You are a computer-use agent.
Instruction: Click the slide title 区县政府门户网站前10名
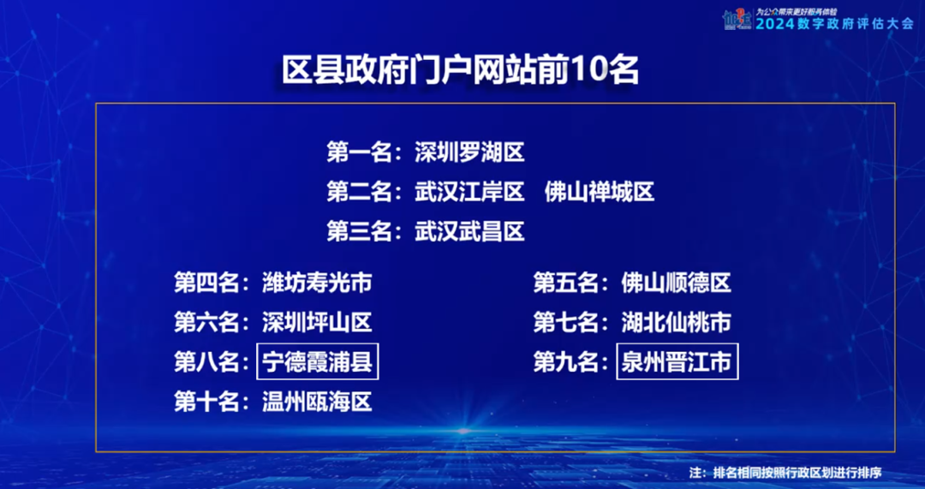click(x=461, y=71)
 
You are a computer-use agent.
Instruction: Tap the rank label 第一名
click(x=359, y=153)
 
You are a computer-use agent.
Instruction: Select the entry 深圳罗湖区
click(x=469, y=153)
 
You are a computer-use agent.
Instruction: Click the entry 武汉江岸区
click(x=469, y=193)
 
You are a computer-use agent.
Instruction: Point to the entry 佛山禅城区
click(x=600, y=193)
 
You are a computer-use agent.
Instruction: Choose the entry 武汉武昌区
click(x=469, y=231)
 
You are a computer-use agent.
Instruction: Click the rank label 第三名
click(x=359, y=231)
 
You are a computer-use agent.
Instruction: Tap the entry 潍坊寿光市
click(x=318, y=283)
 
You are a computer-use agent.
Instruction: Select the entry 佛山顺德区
click(x=676, y=283)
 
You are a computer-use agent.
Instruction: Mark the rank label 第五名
click(x=566, y=283)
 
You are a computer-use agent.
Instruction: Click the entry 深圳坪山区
click(x=318, y=323)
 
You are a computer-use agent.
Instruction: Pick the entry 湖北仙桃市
click(x=676, y=323)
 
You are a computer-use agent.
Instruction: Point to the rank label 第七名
click(x=566, y=323)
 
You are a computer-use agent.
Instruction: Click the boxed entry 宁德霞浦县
click(x=318, y=361)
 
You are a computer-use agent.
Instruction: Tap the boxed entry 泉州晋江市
click(x=677, y=361)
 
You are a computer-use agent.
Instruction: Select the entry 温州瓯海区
click(x=318, y=403)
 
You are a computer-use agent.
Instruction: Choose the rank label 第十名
click(x=206, y=403)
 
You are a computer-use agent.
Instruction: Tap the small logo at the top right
click(x=737, y=20)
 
